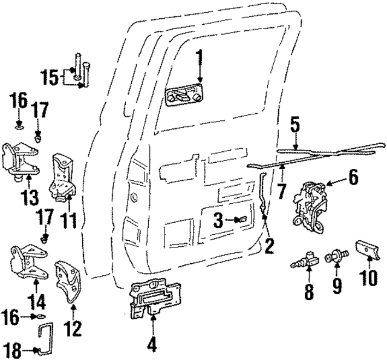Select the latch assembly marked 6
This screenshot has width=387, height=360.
click(311, 203)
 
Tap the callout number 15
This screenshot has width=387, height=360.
click(53, 77)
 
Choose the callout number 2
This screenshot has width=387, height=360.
click(269, 246)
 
